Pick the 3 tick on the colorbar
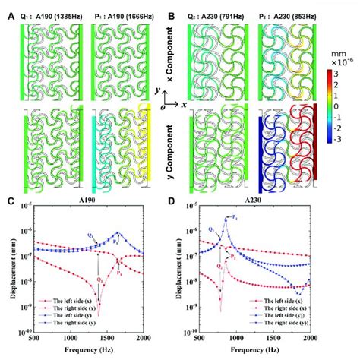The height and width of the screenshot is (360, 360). (346, 74)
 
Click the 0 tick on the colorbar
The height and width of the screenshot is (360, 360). (346, 107)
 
